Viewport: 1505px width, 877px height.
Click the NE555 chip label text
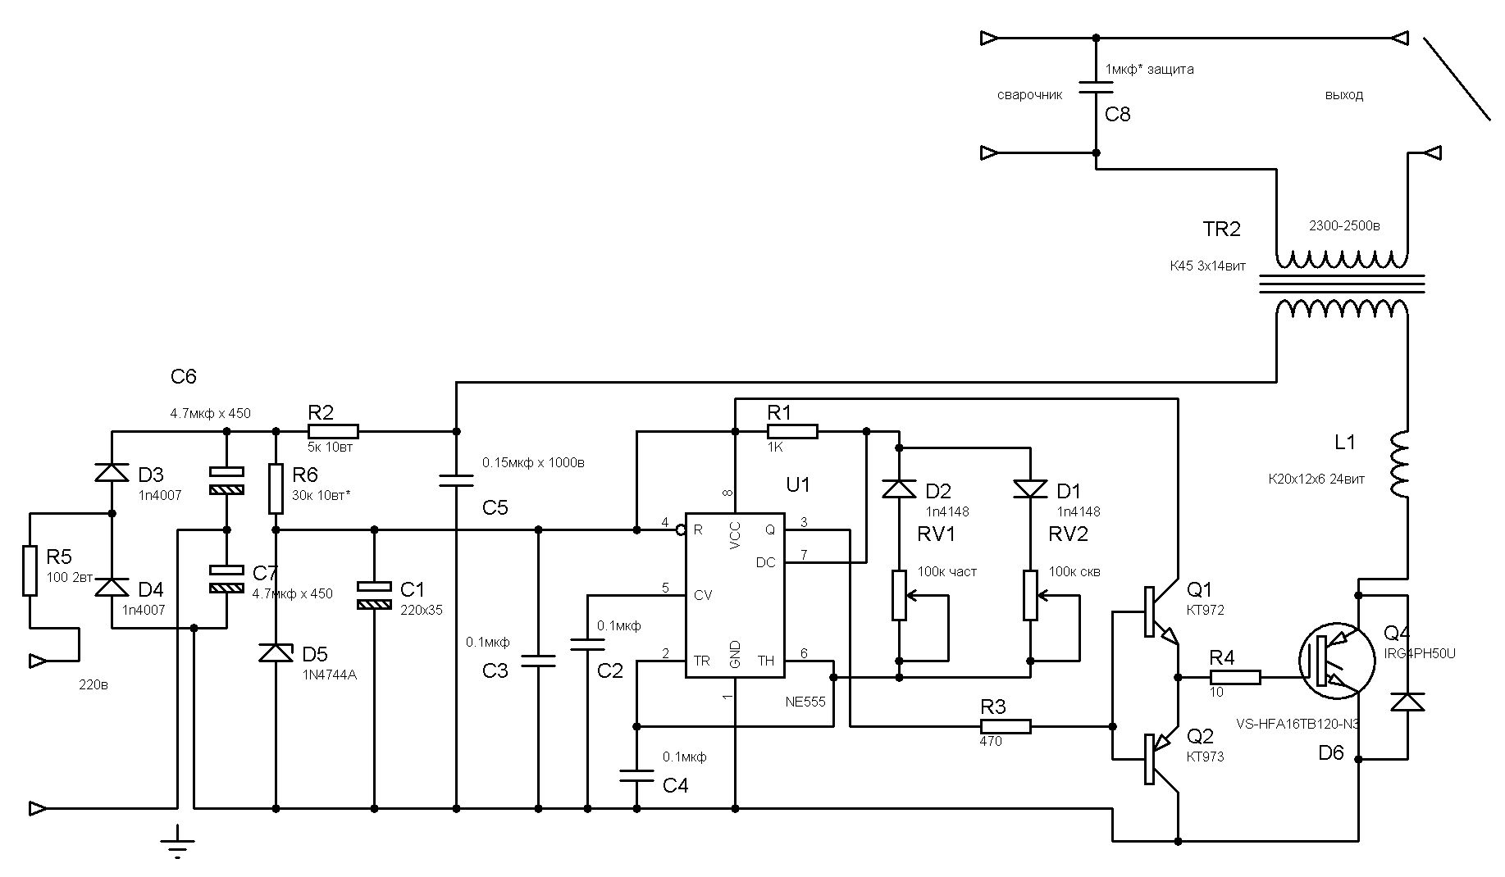click(x=805, y=702)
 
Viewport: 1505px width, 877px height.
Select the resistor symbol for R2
click(x=333, y=431)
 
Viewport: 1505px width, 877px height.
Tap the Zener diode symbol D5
click(x=276, y=653)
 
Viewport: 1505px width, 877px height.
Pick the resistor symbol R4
click(x=1235, y=677)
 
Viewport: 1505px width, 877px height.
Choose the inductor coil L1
click(x=1399, y=464)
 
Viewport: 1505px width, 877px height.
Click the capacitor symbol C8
click(x=1096, y=87)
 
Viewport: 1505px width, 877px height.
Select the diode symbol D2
click(x=899, y=488)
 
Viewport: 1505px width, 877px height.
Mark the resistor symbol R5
click(x=30, y=570)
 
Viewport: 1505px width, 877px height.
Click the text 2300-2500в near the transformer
click(x=1343, y=225)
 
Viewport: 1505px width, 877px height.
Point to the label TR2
click(x=1221, y=229)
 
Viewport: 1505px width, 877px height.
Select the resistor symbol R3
click(x=1006, y=726)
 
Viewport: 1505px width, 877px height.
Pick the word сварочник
click(x=1029, y=95)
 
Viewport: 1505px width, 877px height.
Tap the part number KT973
click(x=1205, y=757)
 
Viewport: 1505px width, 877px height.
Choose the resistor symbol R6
click(x=276, y=488)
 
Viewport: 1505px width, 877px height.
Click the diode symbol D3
click(x=112, y=472)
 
